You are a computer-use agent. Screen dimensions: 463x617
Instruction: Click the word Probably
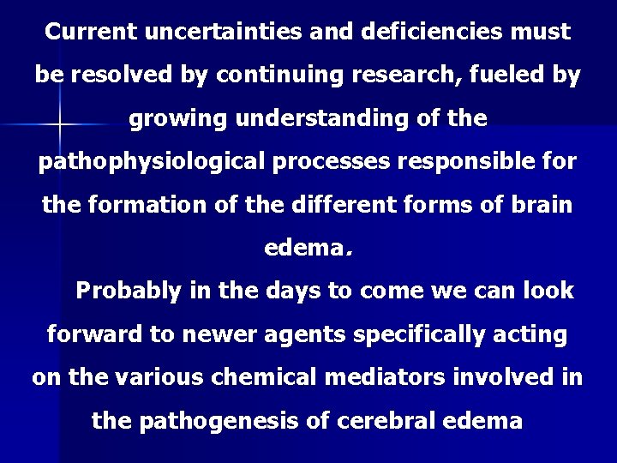(x=129, y=291)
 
